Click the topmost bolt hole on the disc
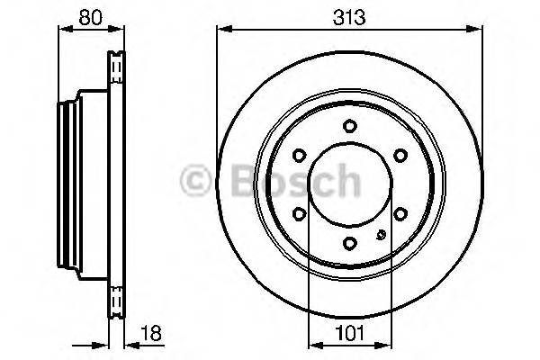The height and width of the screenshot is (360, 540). click(351, 127)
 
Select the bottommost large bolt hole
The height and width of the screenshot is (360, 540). click(351, 241)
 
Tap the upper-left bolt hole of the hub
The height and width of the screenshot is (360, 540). click(301, 156)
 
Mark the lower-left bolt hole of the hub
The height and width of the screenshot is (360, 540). click(301, 212)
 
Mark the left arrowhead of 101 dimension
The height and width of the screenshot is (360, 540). click(313, 343)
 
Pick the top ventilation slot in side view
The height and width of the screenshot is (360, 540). click(114, 66)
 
